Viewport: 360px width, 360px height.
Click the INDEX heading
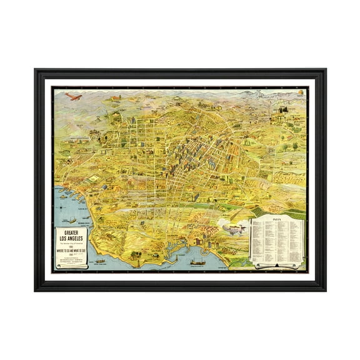click(277, 220)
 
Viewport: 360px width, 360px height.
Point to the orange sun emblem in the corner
click(302, 93)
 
